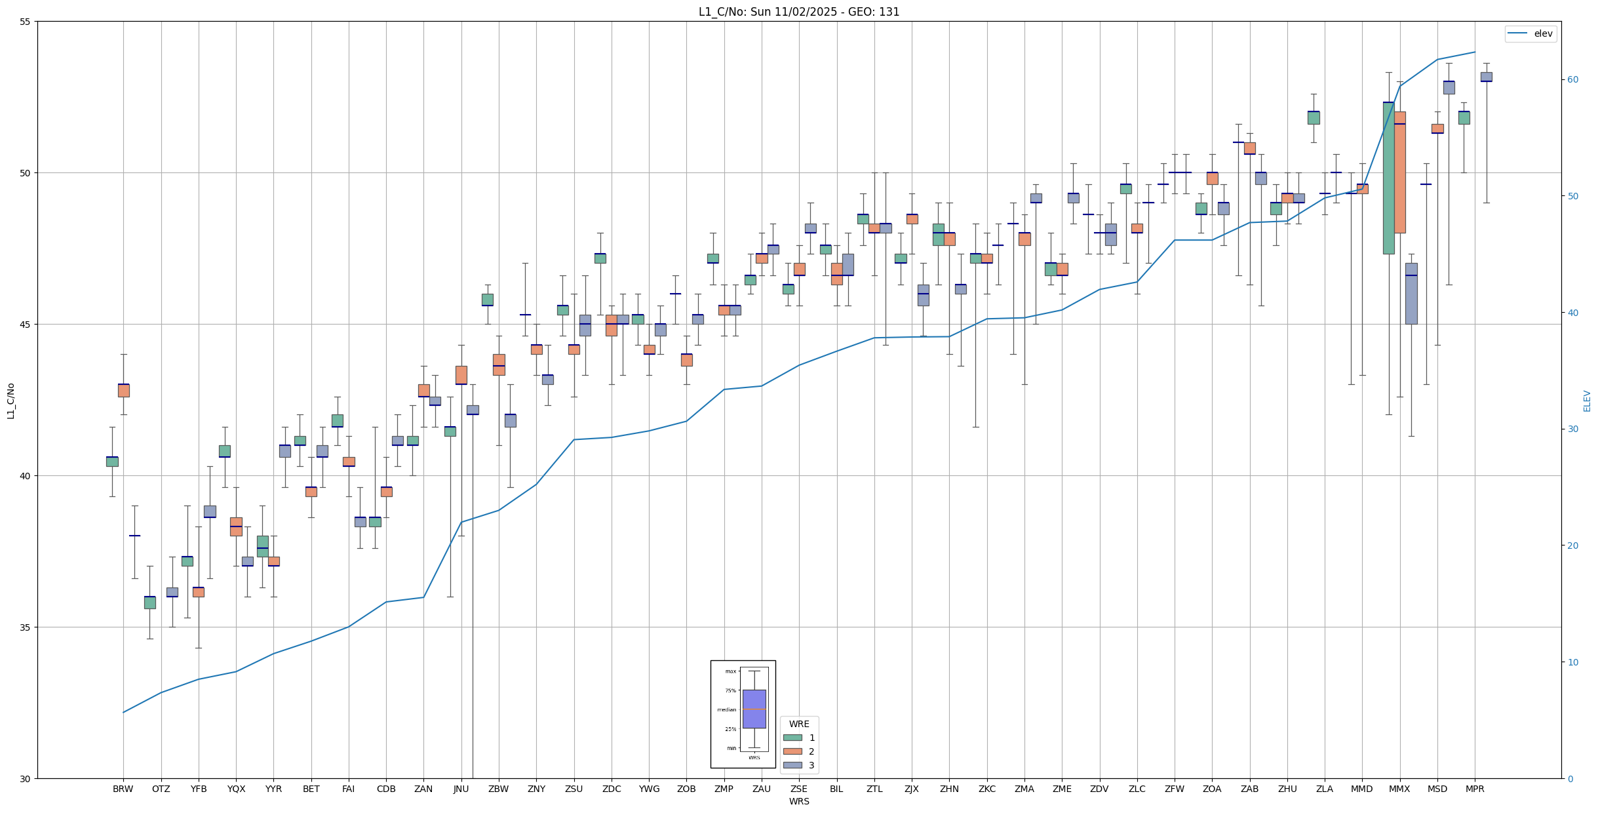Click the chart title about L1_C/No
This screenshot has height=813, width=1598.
pyautogui.click(x=798, y=12)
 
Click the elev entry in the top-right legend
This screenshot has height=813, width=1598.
pyautogui.click(x=1543, y=33)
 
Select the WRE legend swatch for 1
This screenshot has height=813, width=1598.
pyautogui.click(x=792, y=738)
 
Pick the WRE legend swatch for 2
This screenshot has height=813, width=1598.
pyautogui.click(x=792, y=751)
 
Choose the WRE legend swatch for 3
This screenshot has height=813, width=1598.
pyautogui.click(x=792, y=765)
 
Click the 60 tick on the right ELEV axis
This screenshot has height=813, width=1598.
pyautogui.click(x=1572, y=80)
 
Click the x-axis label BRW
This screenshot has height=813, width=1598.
pyautogui.click(x=123, y=789)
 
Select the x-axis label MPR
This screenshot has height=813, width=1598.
pyautogui.click(x=1475, y=789)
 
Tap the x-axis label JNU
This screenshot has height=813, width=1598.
pyautogui.click(x=461, y=789)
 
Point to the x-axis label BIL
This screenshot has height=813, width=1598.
pyautogui.click(x=836, y=789)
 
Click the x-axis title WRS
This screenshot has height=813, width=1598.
pyautogui.click(x=798, y=801)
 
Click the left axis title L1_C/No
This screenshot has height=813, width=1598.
pyautogui.click(x=10, y=401)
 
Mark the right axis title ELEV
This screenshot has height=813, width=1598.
pyautogui.click(x=1587, y=401)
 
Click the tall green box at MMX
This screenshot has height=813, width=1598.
pyautogui.click(x=1388, y=178)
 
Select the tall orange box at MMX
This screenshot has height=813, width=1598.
pyautogui.click(x=1399, y=172)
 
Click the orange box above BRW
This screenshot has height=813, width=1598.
pyautogui.click(x=123, y=390)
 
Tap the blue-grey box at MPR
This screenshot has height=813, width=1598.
pyautogui.click(x=1486, y=77)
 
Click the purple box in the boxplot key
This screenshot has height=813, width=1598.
pyautogui.click(x=754, y=709)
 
